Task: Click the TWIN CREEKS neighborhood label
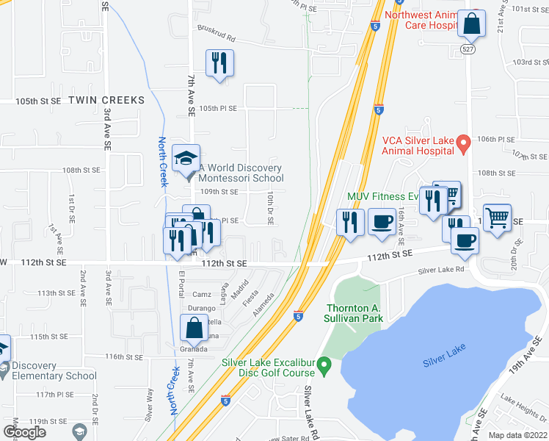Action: point(106,99)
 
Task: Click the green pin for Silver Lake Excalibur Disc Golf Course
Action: point(326,363)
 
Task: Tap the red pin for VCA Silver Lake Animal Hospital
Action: point(462,143)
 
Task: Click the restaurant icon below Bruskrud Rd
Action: point(219,64)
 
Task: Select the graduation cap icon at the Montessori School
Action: point(186,157)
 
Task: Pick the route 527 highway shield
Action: point(468,48)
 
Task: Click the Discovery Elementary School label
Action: point(49,370)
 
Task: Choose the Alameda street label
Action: point(265,300)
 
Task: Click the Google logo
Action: point(24,431)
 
